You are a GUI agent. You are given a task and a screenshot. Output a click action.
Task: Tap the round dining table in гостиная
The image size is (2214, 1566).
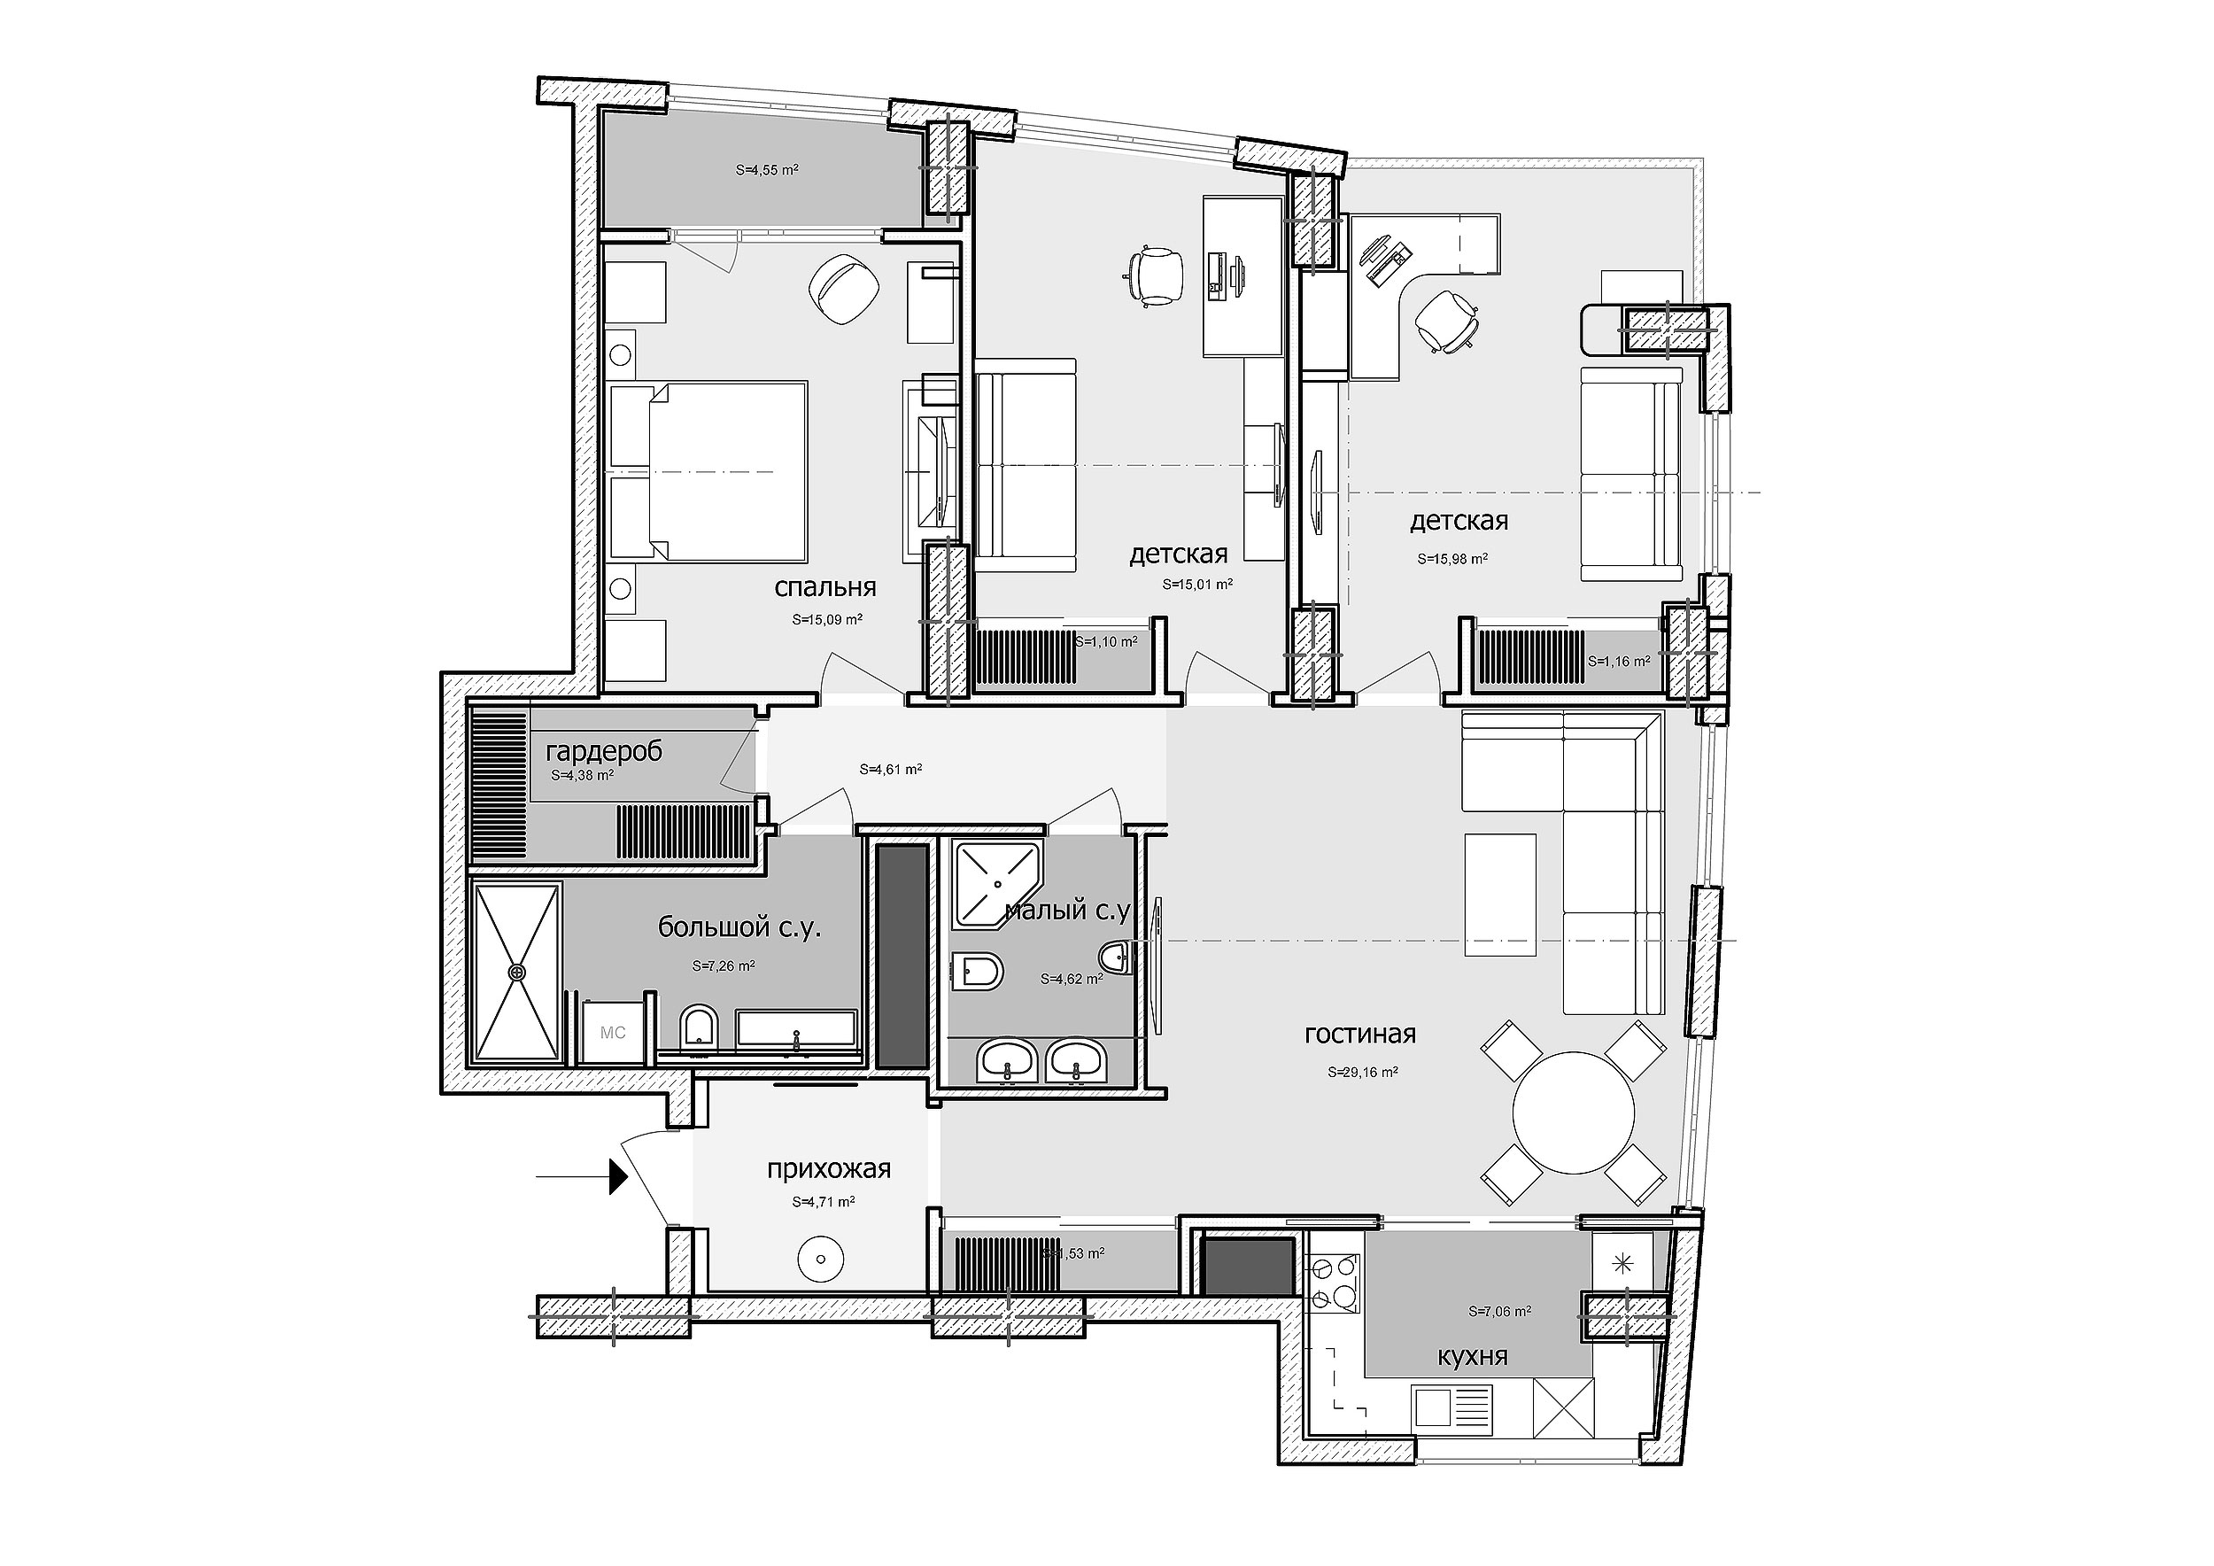click(1573, 1112)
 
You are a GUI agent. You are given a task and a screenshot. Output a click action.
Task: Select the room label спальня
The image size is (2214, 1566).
click(825, 587)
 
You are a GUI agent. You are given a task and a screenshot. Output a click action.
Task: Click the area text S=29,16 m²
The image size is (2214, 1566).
click(1364, 1072)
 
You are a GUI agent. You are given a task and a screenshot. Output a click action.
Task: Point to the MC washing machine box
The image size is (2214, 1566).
click(614, 1032)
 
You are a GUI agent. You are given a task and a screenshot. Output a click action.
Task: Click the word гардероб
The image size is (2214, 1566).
click(605, 751)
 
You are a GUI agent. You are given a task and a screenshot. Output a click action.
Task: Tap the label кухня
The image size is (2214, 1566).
click(1473, 1356)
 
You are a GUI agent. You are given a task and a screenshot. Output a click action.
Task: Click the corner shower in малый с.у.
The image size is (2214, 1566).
click(996, 884)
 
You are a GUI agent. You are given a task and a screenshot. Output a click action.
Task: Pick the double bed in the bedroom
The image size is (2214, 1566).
click(708, 471)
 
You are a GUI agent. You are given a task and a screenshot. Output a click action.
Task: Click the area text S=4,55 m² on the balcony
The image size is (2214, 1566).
click(767, 170)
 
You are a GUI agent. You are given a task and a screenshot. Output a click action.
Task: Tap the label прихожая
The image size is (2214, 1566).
click(829, 1170)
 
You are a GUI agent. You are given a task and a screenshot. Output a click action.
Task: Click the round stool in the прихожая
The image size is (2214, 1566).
click(821, 1259)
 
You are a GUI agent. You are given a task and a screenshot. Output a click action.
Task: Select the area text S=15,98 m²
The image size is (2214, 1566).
click(1452, 557)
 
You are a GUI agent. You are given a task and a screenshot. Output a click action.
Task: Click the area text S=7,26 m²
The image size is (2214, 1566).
click(724, 965)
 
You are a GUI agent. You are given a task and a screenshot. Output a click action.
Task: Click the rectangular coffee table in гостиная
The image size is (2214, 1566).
click(1500, 895)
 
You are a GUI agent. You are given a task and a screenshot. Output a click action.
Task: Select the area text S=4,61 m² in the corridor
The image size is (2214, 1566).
click(891, 770)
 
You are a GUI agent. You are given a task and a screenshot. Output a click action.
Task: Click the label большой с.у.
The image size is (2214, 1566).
click(739, 927)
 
